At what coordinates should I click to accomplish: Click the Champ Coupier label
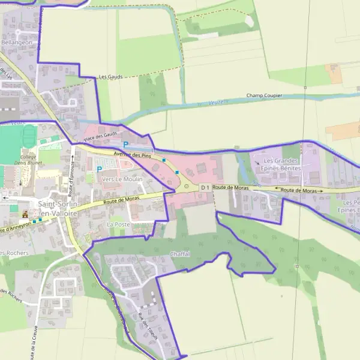(264, 96)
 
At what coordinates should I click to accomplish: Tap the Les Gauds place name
(110, 77)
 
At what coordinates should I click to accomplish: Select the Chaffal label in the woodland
(180, 254)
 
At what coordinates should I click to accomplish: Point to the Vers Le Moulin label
(122, 179)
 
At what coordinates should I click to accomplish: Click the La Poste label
(118, 224)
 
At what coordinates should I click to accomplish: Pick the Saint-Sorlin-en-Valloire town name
(58, 208)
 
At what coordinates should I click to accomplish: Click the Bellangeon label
(16, 43)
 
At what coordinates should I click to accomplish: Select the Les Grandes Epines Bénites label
(281, 165)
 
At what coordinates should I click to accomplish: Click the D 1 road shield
(205, 188)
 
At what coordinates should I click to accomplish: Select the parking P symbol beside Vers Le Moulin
(100, 170)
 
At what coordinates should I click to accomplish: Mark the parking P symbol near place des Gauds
(125, 144)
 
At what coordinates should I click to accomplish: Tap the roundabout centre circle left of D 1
(187, 187)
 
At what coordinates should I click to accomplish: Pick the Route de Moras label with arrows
(298, 190)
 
